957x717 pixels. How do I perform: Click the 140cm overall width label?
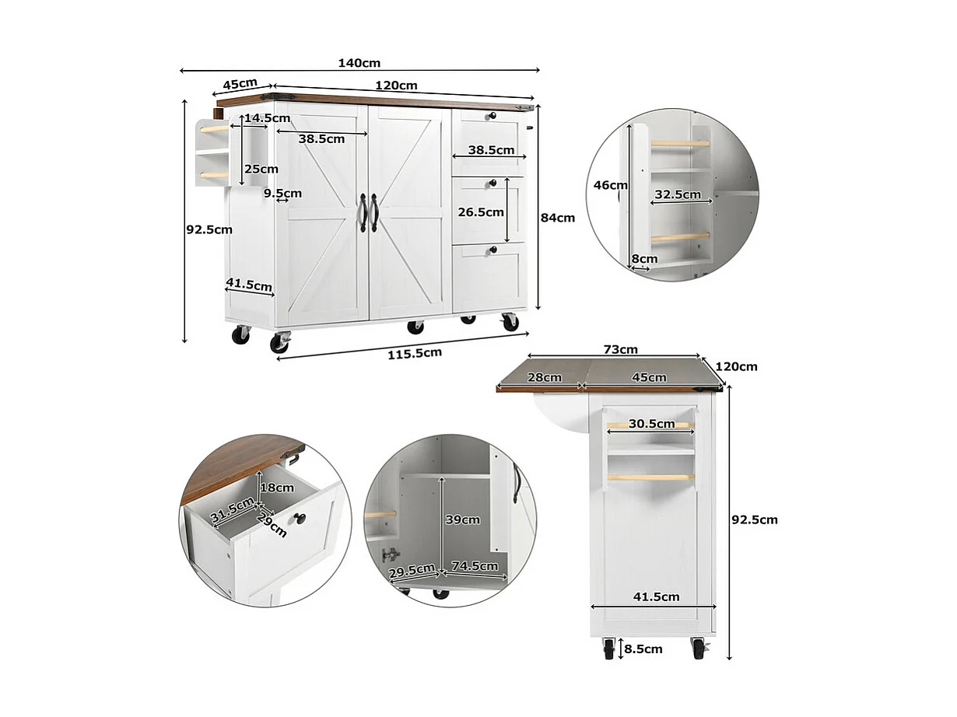point(359,64)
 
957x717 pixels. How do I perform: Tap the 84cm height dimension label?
point(558,218)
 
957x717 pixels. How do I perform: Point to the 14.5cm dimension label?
point(267,118)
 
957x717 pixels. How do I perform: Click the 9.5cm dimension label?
point(282,193)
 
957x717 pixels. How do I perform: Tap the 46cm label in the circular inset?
point(611,185)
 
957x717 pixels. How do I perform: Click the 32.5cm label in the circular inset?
point(677,194)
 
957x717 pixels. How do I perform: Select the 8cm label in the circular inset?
point(644,259)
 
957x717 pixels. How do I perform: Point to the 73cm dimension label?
point(620,350)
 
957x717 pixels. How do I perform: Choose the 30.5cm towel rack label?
point(651,424)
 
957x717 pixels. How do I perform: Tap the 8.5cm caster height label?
point(643,649)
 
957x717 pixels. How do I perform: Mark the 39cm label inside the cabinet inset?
point(461,519)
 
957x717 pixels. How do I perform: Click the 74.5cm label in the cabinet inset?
point(475,566)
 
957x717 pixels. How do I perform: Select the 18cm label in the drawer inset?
point(278,488)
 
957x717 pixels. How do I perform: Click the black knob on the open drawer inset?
point(300,519)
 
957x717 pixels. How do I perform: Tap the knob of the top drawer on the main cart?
point(491,117)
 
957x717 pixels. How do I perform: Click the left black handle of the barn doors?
point(363,212)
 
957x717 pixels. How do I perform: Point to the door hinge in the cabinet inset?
point(391,555)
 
